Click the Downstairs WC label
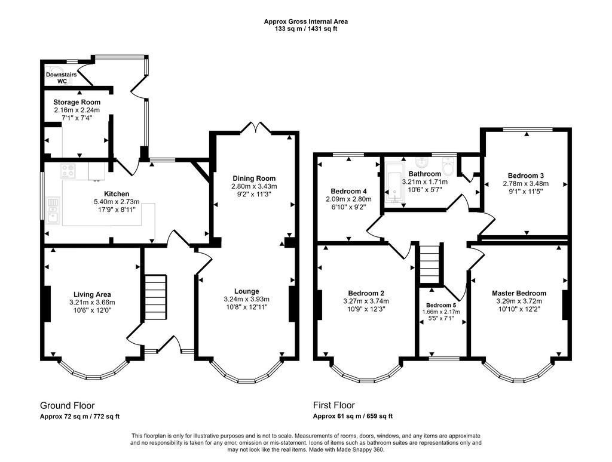62,78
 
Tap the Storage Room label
77,102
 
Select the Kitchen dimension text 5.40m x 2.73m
117,202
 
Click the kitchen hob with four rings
68,171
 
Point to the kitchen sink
53,211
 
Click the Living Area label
92,295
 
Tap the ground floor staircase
156,297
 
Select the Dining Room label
254,178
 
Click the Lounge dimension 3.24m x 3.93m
247,299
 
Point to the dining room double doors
256,127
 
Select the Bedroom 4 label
348,191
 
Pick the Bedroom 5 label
441,305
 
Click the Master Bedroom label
519,293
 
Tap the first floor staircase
430,264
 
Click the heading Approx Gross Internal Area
305,21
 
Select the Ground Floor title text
67,405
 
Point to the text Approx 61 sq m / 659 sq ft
353,417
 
